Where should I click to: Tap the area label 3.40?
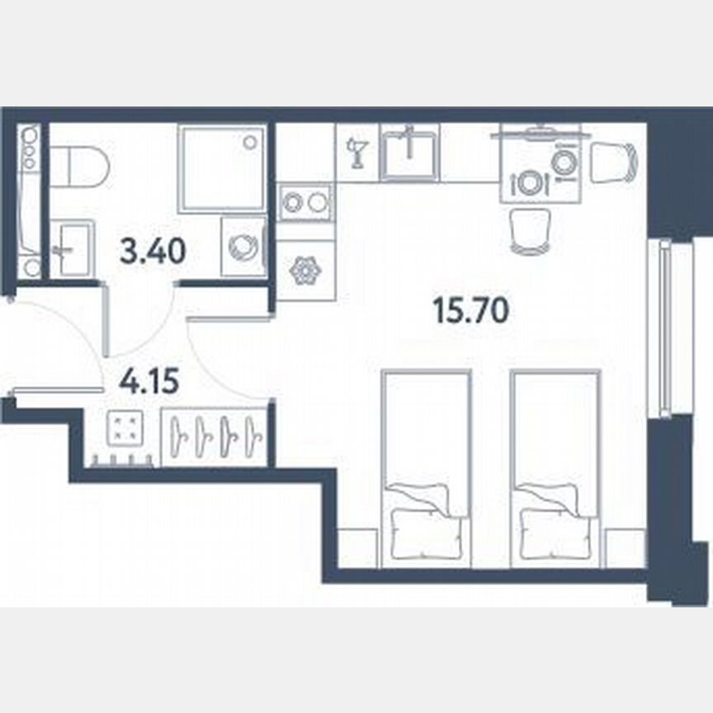[x=152, y=250]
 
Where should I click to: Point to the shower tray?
[x=222, y=168]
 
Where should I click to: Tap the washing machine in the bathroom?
[x=243, y=247]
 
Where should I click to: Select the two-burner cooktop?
[x=305, y=203]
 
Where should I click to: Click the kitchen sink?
[x=409, y=153]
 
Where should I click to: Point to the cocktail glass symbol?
[x=358, y=154]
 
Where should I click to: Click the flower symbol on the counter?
[x=305, y=271]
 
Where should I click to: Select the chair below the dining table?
[x=529, y=230]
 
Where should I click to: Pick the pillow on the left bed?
[x=425, y=535]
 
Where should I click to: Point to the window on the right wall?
[x=664, y=327]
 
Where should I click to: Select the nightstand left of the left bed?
[x=357, y=549]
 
